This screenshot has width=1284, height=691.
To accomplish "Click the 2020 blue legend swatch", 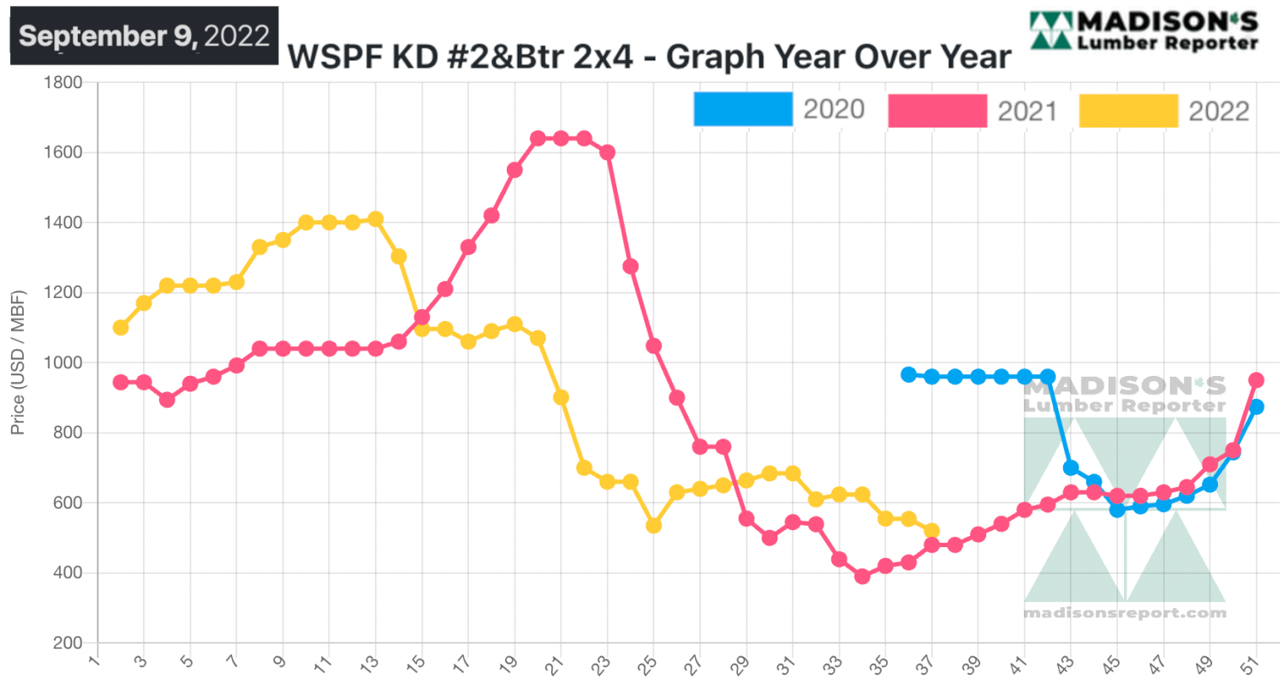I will click(743, 109).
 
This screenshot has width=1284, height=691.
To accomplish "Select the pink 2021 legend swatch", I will click(937, 110).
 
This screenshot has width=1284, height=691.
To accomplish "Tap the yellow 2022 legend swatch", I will click(1129, 110).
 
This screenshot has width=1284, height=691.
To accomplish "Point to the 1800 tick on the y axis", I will click(62, 83).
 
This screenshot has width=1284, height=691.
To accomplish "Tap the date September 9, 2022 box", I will click(144, 36).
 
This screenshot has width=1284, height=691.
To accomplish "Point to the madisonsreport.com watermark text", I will click(1125, 613).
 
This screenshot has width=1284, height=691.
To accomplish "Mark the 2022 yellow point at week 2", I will click(121, 327).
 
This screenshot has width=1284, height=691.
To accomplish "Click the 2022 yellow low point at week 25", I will click(653, 525).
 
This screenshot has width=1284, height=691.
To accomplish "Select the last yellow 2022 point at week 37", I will click(931, 531).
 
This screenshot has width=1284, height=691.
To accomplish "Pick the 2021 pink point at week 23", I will click(608, 152).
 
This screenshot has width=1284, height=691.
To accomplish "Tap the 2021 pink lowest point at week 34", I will click(862, 576).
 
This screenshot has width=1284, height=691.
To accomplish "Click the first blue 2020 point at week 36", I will click(908, 374).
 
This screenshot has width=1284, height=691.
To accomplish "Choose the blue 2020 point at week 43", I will click(1071, 468).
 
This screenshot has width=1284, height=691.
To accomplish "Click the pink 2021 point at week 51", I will click(1256, 380).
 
